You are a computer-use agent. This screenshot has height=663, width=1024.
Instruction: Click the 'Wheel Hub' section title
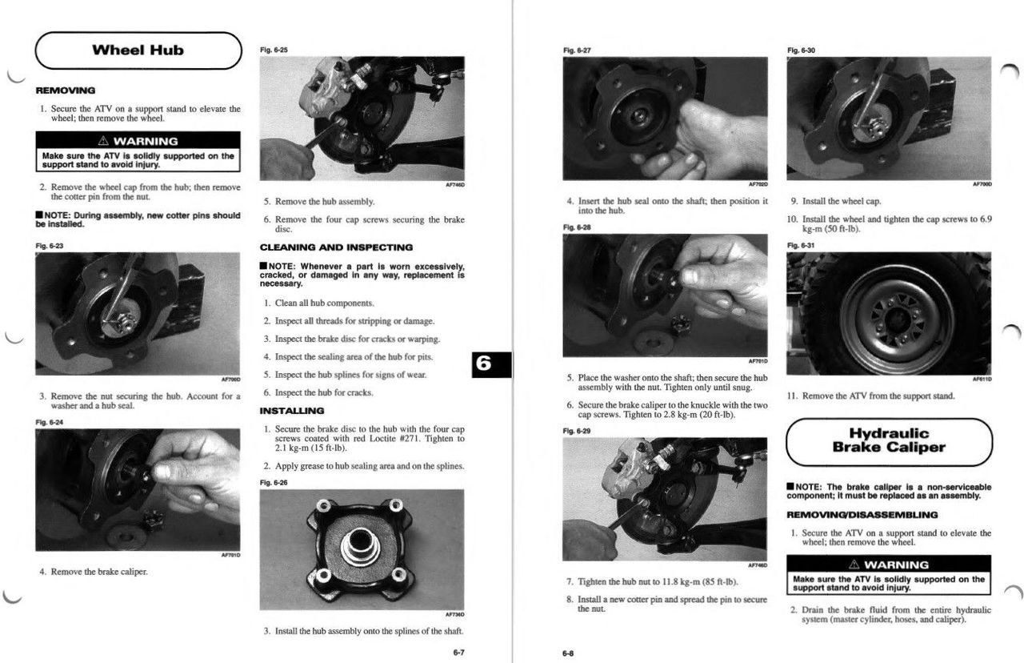[x=138, y=50]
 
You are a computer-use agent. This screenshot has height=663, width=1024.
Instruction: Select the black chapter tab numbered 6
[x=491, y=364]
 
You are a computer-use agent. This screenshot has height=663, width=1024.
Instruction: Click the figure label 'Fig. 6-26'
[x=274, y=483]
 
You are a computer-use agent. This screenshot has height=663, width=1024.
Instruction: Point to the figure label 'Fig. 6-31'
[x=801, y=245]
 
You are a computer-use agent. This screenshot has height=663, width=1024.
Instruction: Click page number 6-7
[x=459, y=653]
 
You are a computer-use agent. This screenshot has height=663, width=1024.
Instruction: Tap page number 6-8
[x=568, y=653]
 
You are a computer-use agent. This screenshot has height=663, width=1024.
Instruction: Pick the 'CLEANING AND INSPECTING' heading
[x=336, y=247]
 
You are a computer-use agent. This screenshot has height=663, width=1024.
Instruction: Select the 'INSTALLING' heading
[x=292, y=411]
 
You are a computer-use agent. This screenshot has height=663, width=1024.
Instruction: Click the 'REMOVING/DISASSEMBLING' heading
[x=862, y=515]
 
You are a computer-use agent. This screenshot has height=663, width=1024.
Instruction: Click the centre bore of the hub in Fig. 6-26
[x=360, y=543]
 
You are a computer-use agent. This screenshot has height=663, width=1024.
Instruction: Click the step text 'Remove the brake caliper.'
[x=99, y=572]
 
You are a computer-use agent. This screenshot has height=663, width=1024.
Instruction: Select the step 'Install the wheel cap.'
[x=842, y=201]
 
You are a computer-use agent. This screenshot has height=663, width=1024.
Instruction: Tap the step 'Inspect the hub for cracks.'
[x=324, y=392]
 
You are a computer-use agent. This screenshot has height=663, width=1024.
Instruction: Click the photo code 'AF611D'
[x=982, y=380]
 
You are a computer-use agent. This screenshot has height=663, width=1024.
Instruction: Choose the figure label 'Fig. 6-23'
[x=50, y=246]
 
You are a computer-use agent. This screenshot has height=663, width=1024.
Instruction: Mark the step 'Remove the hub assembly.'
[x=325, y=201]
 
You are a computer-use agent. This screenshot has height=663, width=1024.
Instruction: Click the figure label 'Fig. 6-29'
[x=577, y=431]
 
